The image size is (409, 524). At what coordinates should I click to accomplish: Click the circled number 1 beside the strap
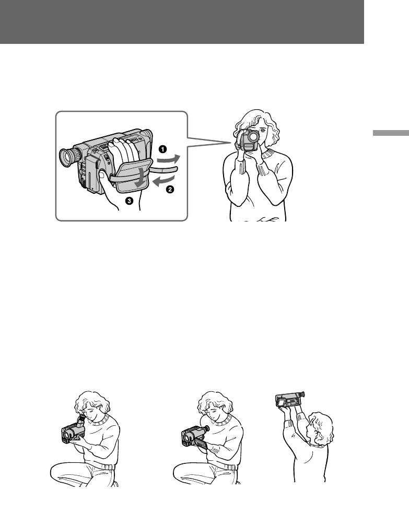coord(163,149)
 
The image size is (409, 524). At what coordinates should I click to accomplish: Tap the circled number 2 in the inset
coord(170,190)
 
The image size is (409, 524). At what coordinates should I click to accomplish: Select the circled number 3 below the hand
coord(129,201)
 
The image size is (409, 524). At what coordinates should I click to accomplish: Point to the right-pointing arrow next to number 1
coord(169,159)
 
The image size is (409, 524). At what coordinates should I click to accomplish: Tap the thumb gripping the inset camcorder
coord(104,178)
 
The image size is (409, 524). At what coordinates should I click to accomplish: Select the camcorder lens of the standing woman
coord(253,136)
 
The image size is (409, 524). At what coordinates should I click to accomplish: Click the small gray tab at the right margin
coord(391,133)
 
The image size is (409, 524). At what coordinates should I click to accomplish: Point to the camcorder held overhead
coord(290,399)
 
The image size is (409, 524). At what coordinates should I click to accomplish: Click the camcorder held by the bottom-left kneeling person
coord(73,431)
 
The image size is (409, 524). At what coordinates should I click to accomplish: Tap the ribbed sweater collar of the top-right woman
coord(270,154)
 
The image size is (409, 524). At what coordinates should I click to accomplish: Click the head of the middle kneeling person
coord(214,406)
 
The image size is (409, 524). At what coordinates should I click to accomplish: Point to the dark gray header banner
coord(182,22)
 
